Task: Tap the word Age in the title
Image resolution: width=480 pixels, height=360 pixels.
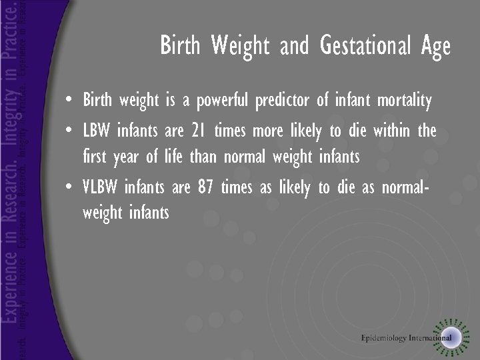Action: click(436, 46)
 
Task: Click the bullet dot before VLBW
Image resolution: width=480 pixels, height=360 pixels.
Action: click(70, 188)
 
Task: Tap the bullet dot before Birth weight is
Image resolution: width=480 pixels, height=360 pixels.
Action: click(70, 102)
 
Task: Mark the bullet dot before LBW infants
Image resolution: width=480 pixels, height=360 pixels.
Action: click(70, 131)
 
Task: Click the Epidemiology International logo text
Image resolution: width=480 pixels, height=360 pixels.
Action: click(407, 338)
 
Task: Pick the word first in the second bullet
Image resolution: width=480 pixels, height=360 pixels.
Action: click(94, 157)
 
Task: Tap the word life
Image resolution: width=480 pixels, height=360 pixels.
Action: click(172, 157)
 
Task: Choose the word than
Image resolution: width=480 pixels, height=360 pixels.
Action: click(203, 157)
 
